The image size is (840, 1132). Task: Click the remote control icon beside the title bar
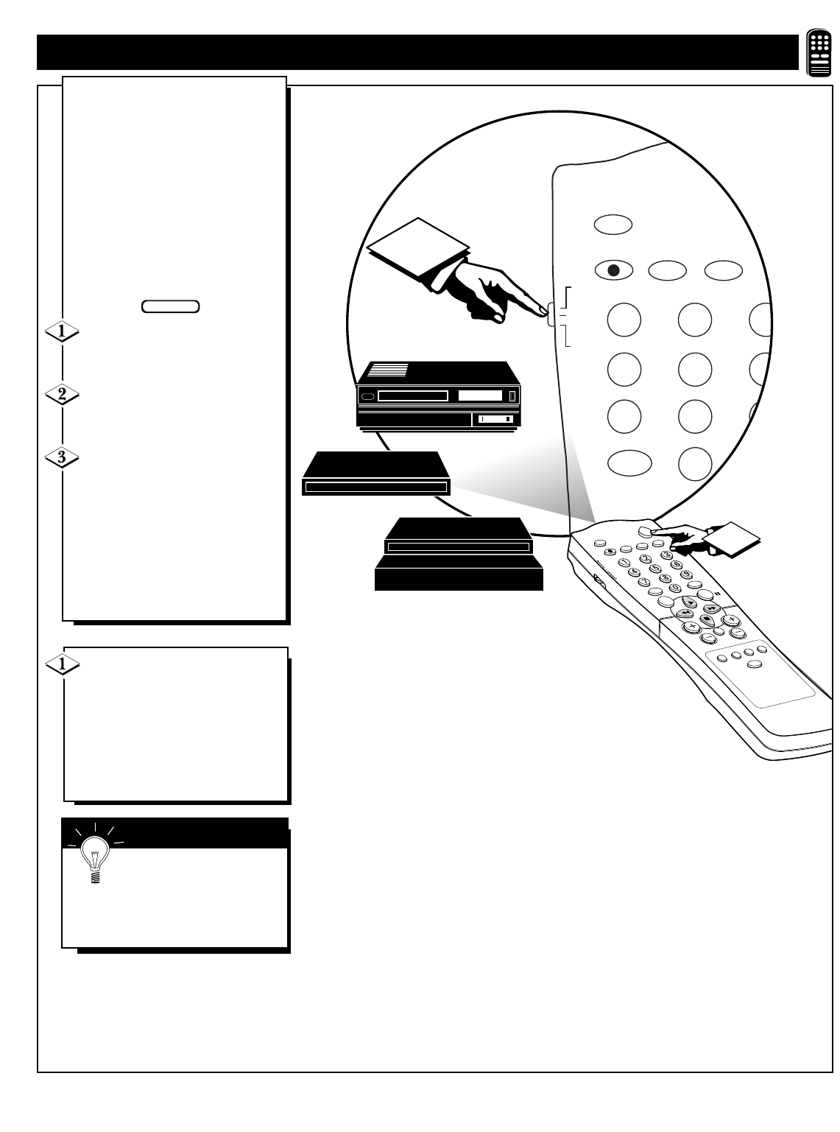tap(819, 53)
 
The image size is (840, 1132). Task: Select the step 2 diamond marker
tap(62, 394)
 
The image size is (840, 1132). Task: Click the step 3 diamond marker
tap(62, 457)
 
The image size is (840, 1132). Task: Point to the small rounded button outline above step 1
tap(170, 306)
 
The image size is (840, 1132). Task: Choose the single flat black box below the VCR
tap(375, 474)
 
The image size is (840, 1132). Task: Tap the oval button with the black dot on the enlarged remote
tap(613, 270)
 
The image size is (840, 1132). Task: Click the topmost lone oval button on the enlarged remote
tap(613, 224)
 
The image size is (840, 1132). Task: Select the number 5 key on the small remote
tap(655, 567)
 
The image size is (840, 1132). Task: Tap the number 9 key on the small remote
tap(686, 574)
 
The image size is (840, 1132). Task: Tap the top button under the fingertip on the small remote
tap(646, 530)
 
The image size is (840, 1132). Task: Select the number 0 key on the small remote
tap(672, 588)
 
